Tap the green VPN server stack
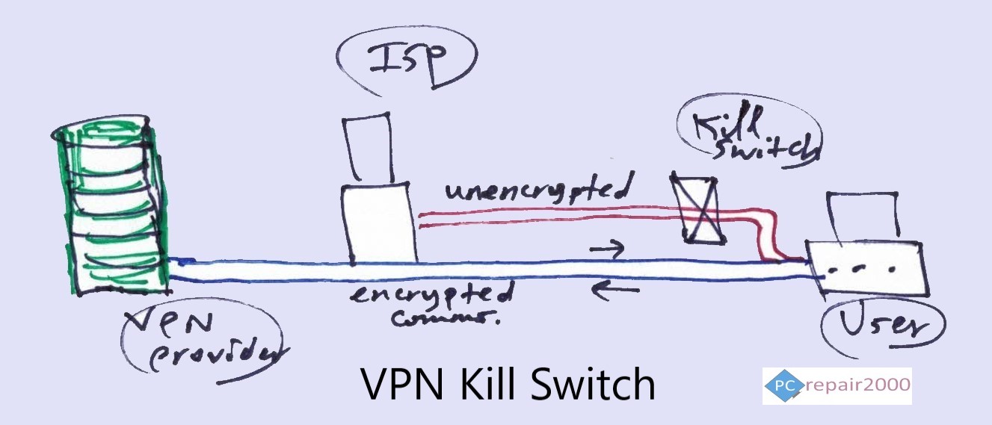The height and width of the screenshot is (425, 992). (112, 209)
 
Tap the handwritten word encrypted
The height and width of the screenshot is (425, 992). (434, 294)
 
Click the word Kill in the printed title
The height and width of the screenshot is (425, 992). (495, 385)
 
